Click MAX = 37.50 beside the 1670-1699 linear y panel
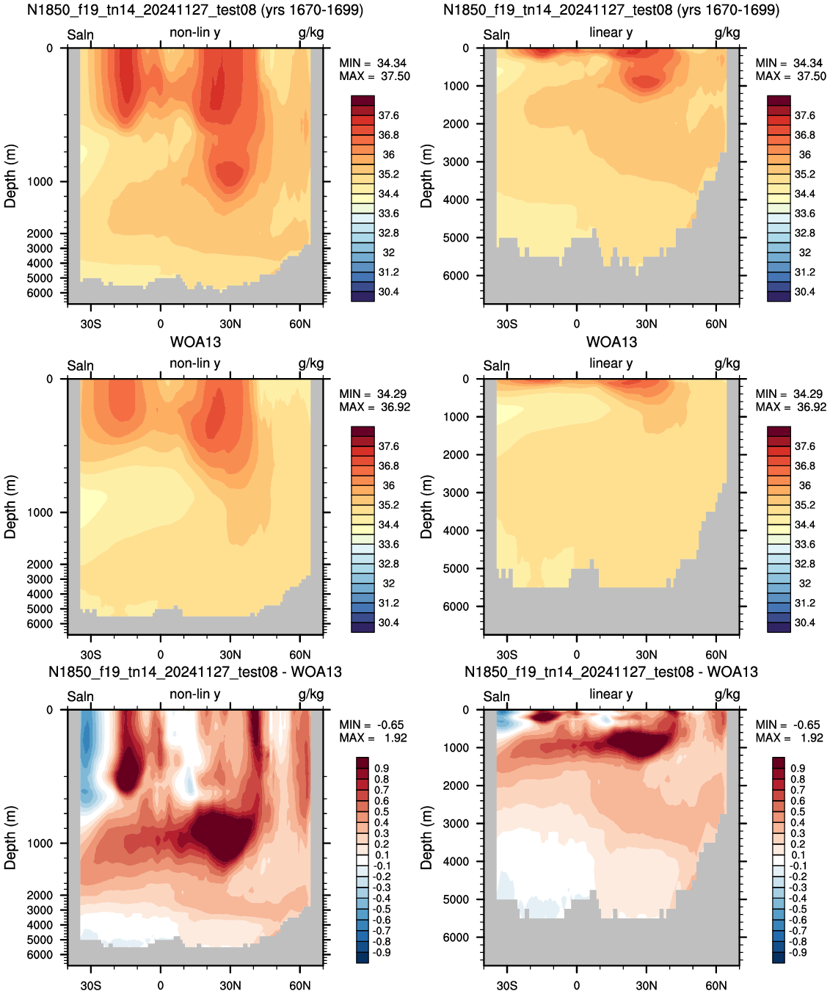coord(790,76)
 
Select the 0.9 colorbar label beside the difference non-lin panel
coord(382,769)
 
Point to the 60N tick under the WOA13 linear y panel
coord(716,655)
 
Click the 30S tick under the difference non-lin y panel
coord(90,985)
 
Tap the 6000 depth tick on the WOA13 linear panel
coord(456,606)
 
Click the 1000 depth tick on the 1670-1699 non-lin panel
coord(40,182)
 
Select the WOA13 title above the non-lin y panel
coord(195,342)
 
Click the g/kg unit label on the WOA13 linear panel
coord(727,363)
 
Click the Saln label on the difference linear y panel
coord(496,697)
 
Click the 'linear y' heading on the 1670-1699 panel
coord(611,32)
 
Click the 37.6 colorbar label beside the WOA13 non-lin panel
coord(388,446)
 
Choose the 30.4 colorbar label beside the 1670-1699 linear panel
coord(804,292)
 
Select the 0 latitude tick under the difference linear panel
coord(577,985)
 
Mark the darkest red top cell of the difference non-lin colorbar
coord(363,763)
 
